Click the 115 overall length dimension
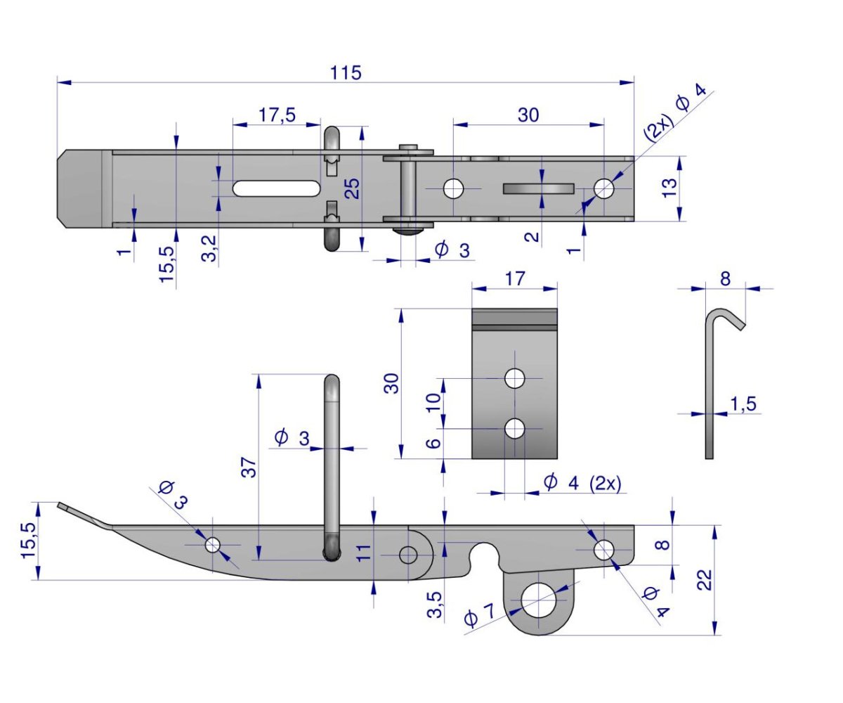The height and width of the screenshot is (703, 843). (x=346, y=72)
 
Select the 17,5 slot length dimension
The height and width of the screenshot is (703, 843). (x=277, y=115)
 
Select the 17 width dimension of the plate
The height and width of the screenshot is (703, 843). (x=514, y=278)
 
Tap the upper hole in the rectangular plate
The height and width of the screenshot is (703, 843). (x=515, y=378)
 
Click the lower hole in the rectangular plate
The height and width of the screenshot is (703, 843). (x=515, y=427)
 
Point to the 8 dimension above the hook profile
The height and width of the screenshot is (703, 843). (x=725, y=278)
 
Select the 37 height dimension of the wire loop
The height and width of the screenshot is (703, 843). (x=249, y=467)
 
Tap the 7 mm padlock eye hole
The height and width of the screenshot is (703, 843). (x=540, y=601)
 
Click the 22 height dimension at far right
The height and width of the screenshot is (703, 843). (x=705, y=579)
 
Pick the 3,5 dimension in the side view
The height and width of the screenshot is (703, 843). (x=435, y=605)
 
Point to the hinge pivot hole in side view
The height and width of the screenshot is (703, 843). (x=408, y=555)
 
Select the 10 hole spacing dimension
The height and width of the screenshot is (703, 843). (x=433, y=402)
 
